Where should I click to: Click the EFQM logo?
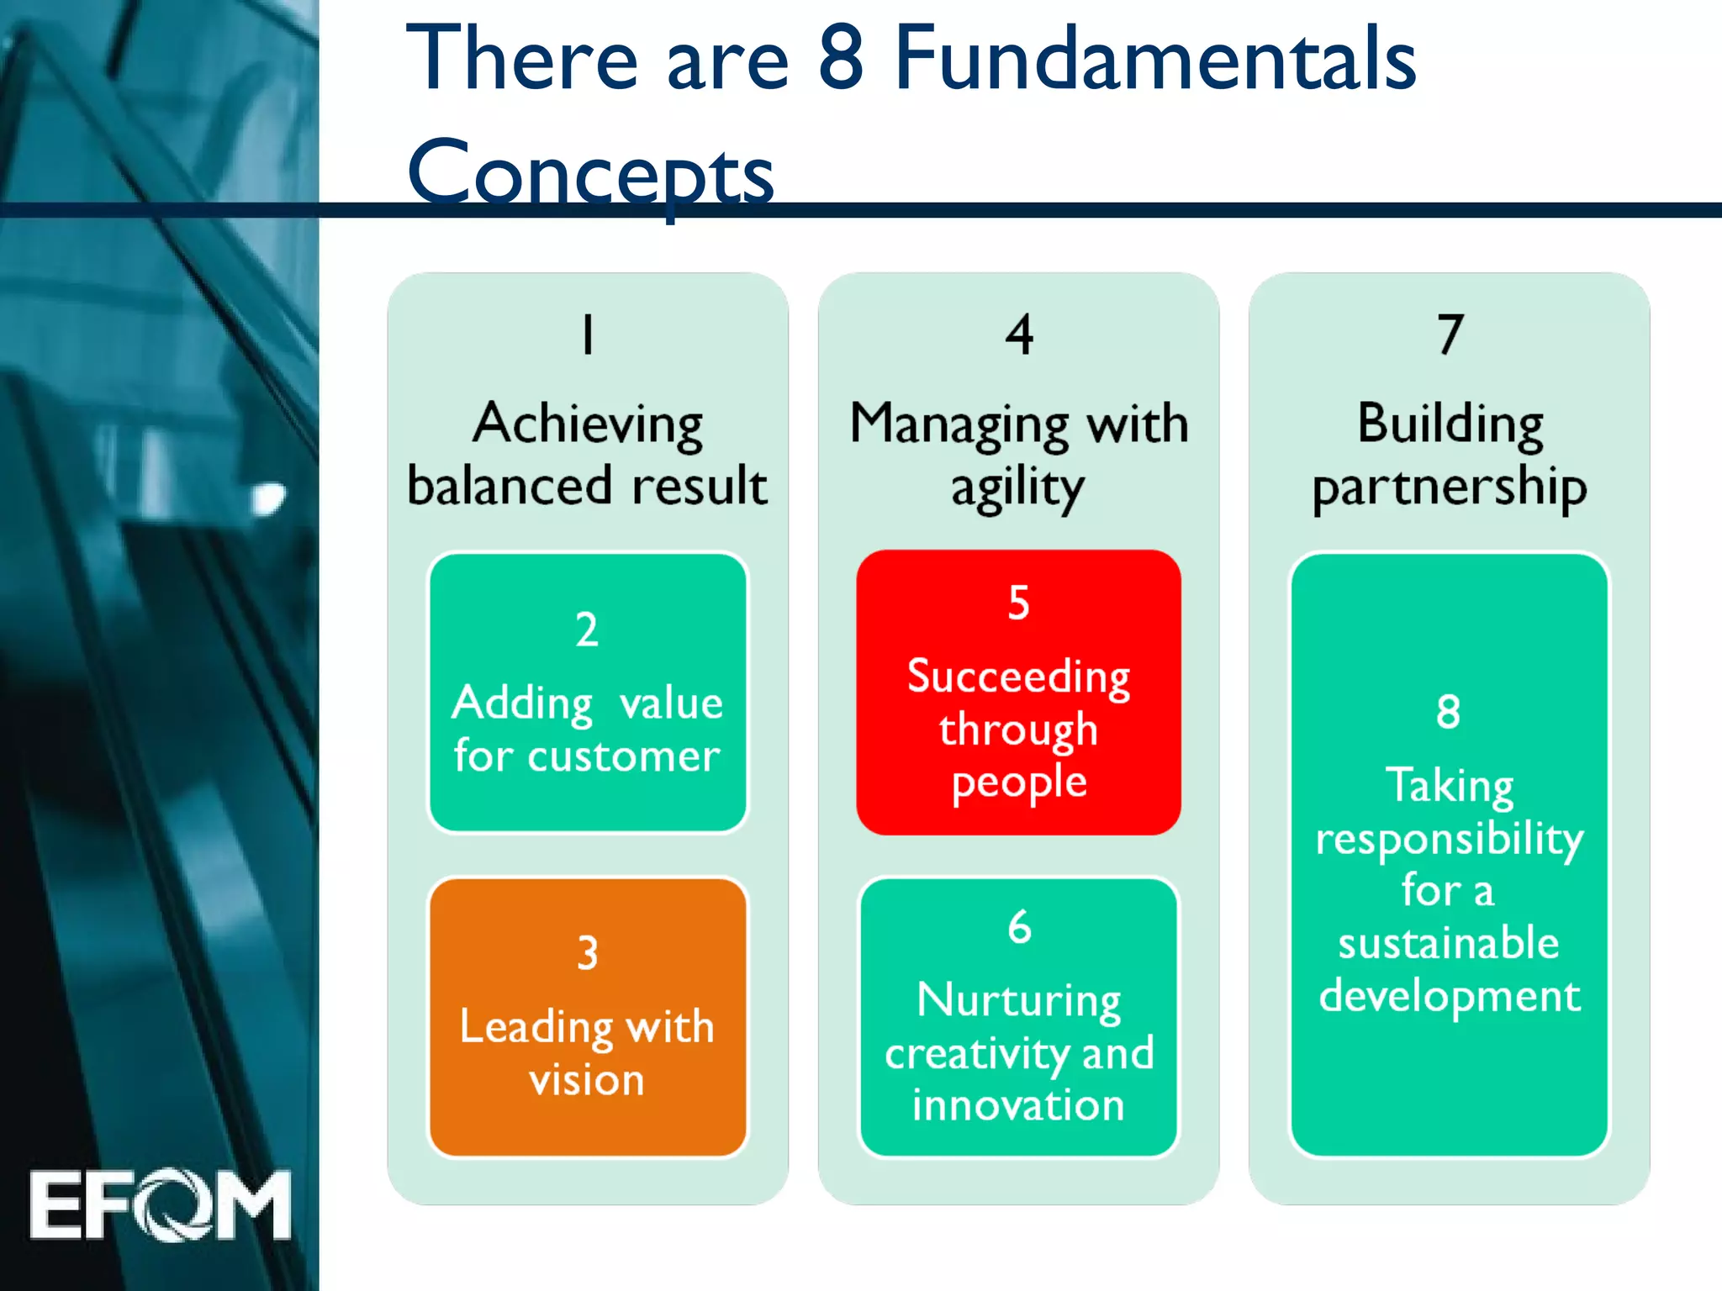tap(160, 1204)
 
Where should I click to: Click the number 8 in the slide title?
tap(841, 59)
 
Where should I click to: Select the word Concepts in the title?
tap(590, 172)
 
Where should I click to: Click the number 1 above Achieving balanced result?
tap(588, 335)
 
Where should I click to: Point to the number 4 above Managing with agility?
tap(1019, 335)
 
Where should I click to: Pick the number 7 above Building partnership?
tap(1450, 335)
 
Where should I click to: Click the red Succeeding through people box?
tap(1018, 693)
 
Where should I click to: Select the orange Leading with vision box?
tap(588, 1017)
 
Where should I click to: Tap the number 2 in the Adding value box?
tap(587, 630)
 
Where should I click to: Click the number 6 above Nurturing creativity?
tap(1019, 927)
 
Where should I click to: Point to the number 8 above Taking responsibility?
tap(1448, 712)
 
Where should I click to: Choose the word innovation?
tap(1018, 1105)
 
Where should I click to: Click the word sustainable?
tap(1449, 943)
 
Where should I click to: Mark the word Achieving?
tap(588, 424)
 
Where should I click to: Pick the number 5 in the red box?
tap(1018, 603)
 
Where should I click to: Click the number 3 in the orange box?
tap(588, 953)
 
